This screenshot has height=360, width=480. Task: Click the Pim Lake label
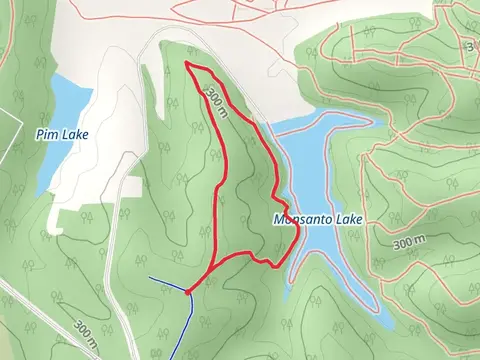60,133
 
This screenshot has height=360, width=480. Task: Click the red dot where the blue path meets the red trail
188,291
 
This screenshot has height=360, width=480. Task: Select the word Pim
45,133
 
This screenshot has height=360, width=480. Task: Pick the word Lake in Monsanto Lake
349,219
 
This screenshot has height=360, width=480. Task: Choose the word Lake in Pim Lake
70,133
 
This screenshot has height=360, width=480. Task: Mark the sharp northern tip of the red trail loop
188,63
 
